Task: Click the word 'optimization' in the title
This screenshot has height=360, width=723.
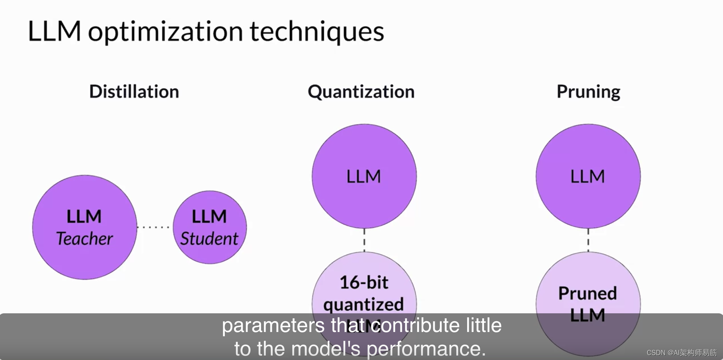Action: pos(165,32)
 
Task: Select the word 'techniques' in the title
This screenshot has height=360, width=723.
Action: pos(317,32)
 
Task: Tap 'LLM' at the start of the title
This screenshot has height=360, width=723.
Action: pos(54,31)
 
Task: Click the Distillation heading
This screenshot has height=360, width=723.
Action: pos(134,92)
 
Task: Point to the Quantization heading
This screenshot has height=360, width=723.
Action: pos(361,92)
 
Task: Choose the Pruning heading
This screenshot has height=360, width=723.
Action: pos(588,92)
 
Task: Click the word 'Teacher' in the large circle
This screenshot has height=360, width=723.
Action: pos(84,239)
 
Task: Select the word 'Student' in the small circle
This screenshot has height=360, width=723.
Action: pos(209,239)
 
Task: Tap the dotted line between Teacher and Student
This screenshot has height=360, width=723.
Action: pos(154,227)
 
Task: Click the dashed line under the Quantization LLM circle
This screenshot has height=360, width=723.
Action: pos(364,240)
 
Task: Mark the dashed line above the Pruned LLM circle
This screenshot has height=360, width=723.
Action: pos(588,240)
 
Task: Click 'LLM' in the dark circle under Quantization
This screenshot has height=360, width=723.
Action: pos(364,177)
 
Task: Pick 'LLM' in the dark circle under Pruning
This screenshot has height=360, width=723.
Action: pos(588,177)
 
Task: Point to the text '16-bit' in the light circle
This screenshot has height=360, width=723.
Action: pos(364,282)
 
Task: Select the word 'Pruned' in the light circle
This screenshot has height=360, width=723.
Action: pos(587,293)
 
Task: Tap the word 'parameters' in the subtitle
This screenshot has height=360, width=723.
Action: pos(273,325)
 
